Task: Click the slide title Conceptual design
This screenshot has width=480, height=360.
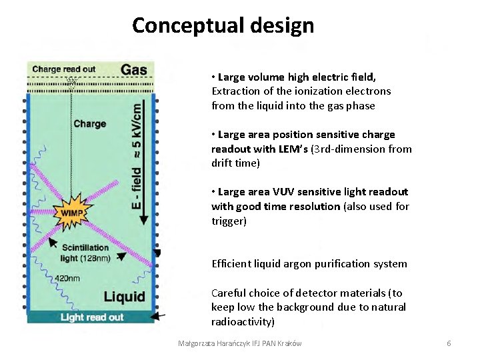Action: click(223, 25)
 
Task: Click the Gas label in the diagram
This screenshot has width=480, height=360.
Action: click(134, 69)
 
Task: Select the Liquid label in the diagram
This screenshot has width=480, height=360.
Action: click(124, 296)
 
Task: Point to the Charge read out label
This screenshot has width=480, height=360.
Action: click(64, 69)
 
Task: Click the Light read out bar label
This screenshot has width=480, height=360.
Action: click(92, 317)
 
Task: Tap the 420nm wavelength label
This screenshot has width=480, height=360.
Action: click(67, 278)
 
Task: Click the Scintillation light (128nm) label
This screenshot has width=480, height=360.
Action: click(85, 253)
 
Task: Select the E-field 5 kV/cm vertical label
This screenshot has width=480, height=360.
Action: click(137, 153)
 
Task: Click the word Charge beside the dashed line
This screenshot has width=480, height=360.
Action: click(90, 123)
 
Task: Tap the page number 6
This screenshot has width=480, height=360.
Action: click(449, 343)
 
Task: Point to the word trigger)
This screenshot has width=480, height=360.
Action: click(229, 221)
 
